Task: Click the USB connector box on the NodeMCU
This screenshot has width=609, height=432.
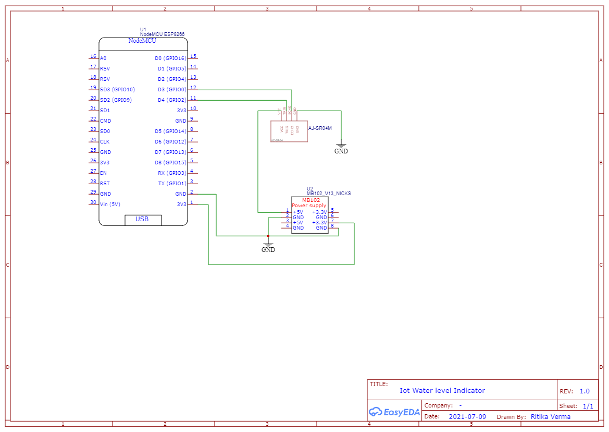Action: click(143, 220)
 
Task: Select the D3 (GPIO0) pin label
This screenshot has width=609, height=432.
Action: click(171, 90)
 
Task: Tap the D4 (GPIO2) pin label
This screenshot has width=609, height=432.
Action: click(171, 100)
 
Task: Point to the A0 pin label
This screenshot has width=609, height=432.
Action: click(103, 58)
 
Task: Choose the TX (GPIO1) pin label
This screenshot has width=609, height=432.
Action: click(171, 184)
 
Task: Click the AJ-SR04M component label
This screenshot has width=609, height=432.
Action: click(320, 128)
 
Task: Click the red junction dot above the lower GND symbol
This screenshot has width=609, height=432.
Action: click(268, 236)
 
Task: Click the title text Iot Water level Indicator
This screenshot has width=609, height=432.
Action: click(442, 391)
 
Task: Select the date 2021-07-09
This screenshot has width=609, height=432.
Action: click(467, 417)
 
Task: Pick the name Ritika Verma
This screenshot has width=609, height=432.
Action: click(550, 417)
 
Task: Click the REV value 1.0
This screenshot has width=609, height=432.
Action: click(585, 391)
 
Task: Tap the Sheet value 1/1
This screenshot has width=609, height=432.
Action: click(588, 406)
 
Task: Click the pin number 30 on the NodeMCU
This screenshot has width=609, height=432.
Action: click(93, 202)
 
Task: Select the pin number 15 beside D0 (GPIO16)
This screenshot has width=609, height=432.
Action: click(193, 56)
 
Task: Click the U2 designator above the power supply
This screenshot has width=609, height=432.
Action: click(309, 188)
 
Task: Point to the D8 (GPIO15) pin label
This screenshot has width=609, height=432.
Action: click(171, 163)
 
